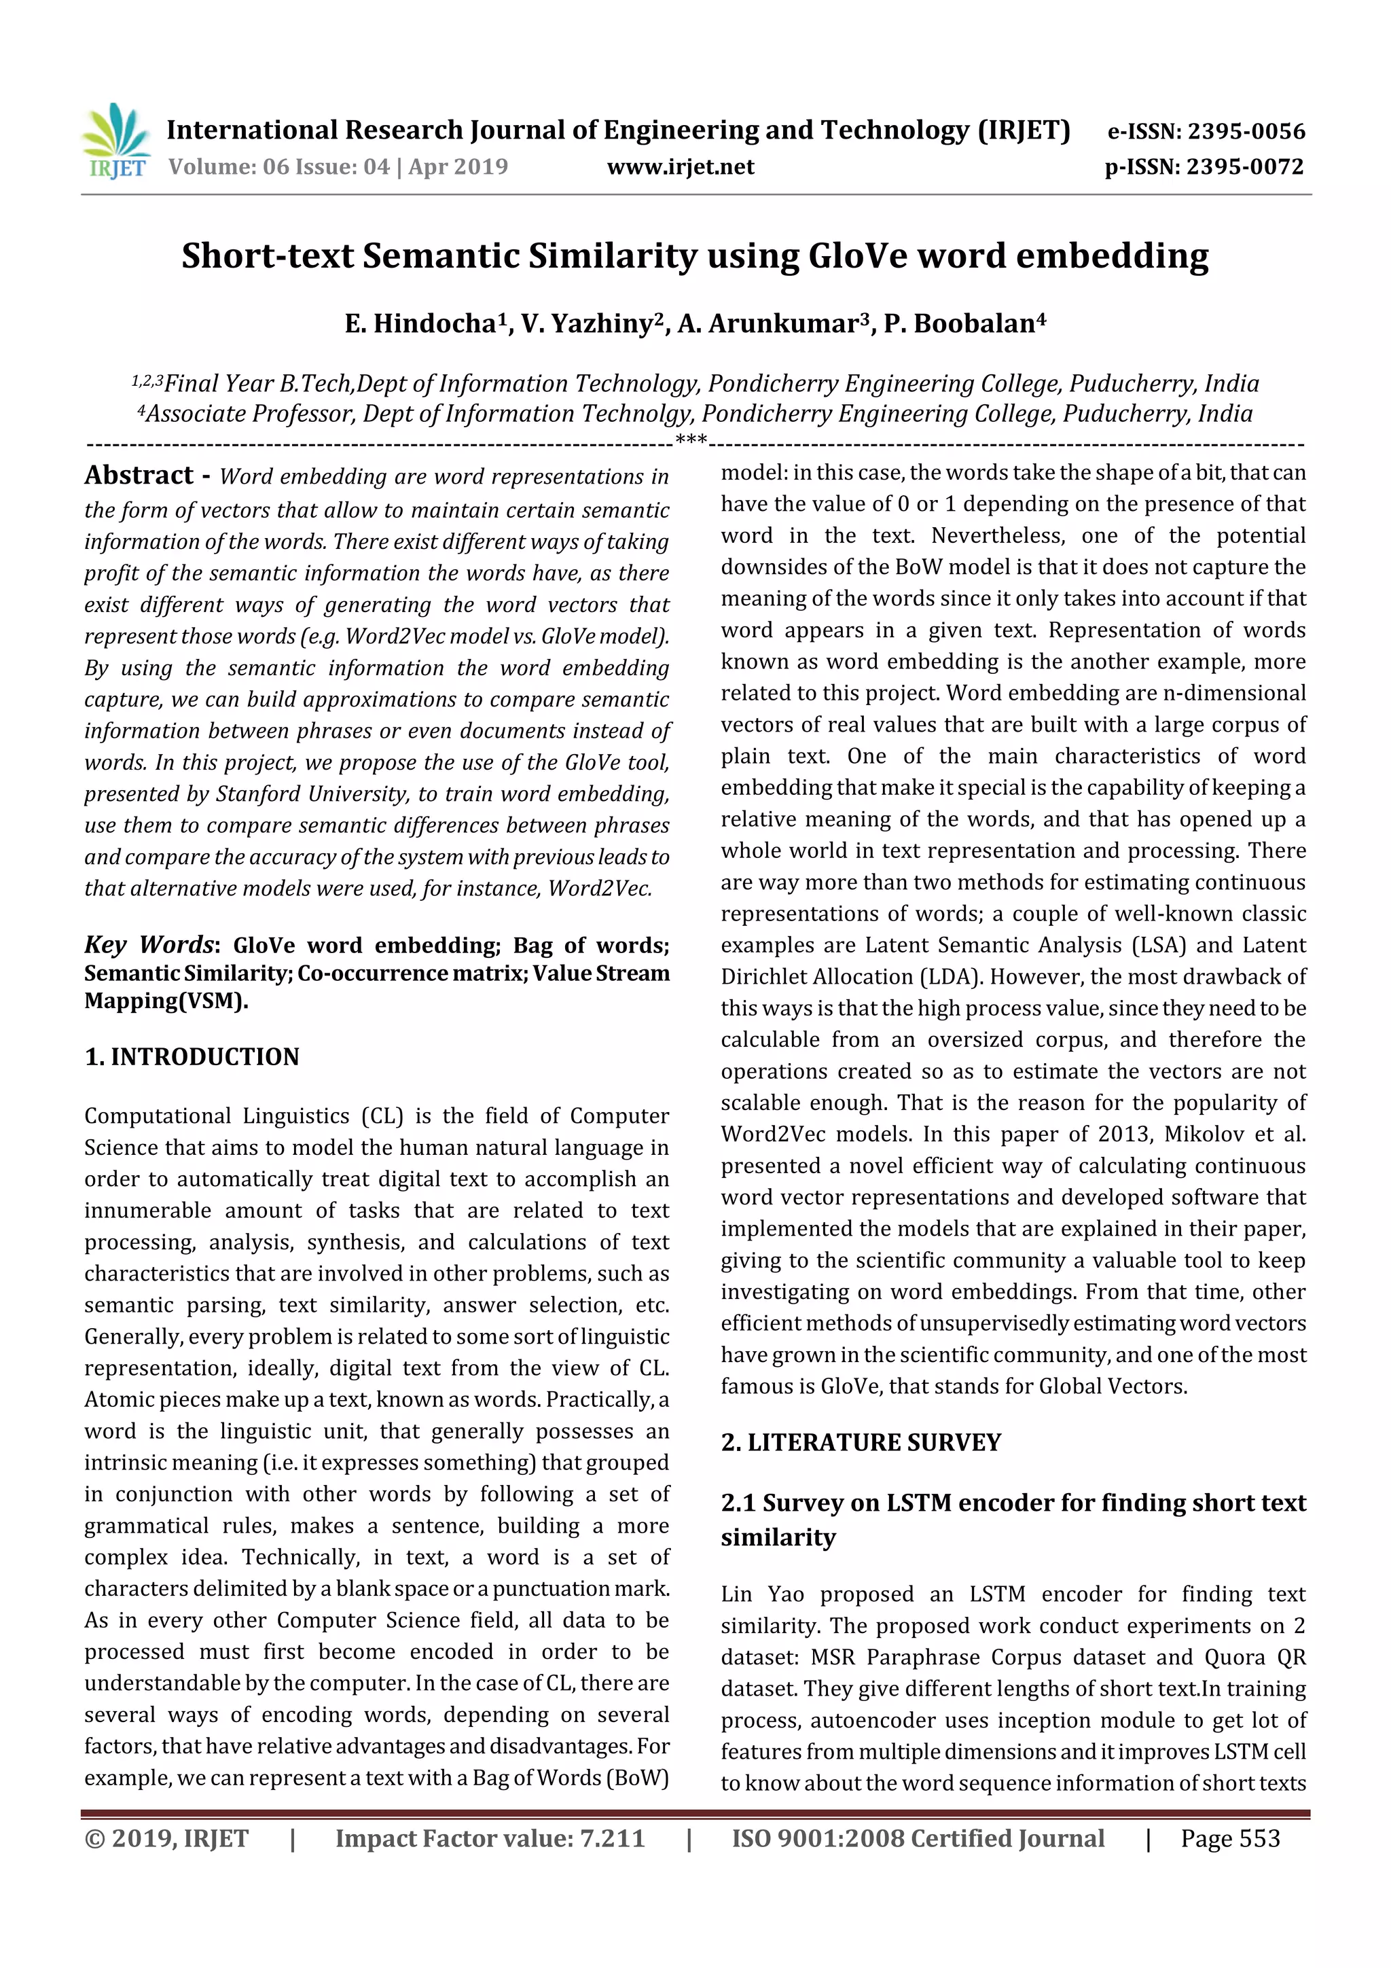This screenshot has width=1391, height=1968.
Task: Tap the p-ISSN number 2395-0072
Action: [1244, 167]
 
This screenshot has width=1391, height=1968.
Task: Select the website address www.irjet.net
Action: [681, 167]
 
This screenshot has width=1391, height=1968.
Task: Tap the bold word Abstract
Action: [139, 475]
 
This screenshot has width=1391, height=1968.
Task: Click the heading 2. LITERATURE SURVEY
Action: [861, 1443]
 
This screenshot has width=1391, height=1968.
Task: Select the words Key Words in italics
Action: [148, 944]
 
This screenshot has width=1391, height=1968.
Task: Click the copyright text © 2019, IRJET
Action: [166, 1838]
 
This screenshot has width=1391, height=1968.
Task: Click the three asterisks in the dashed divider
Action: [691, 442]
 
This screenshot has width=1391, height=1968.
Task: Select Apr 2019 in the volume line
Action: [458, 167]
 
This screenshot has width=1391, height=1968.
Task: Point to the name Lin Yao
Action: [762, 1594]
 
